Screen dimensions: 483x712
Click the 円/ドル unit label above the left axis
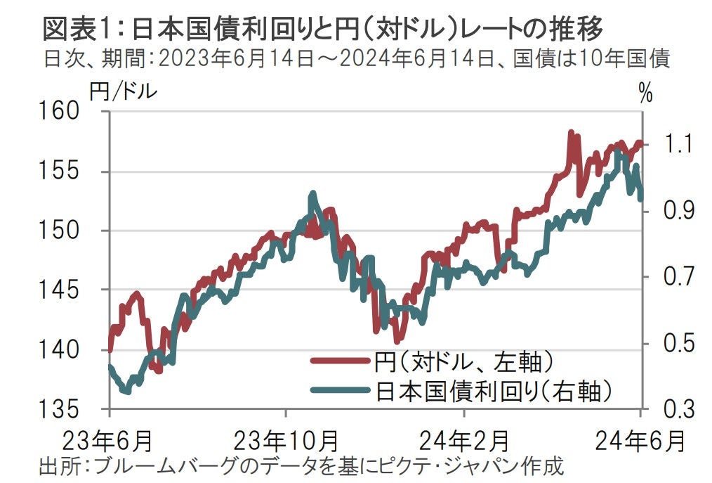click(122, 92)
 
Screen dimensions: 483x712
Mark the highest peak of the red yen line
click(571, 132)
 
